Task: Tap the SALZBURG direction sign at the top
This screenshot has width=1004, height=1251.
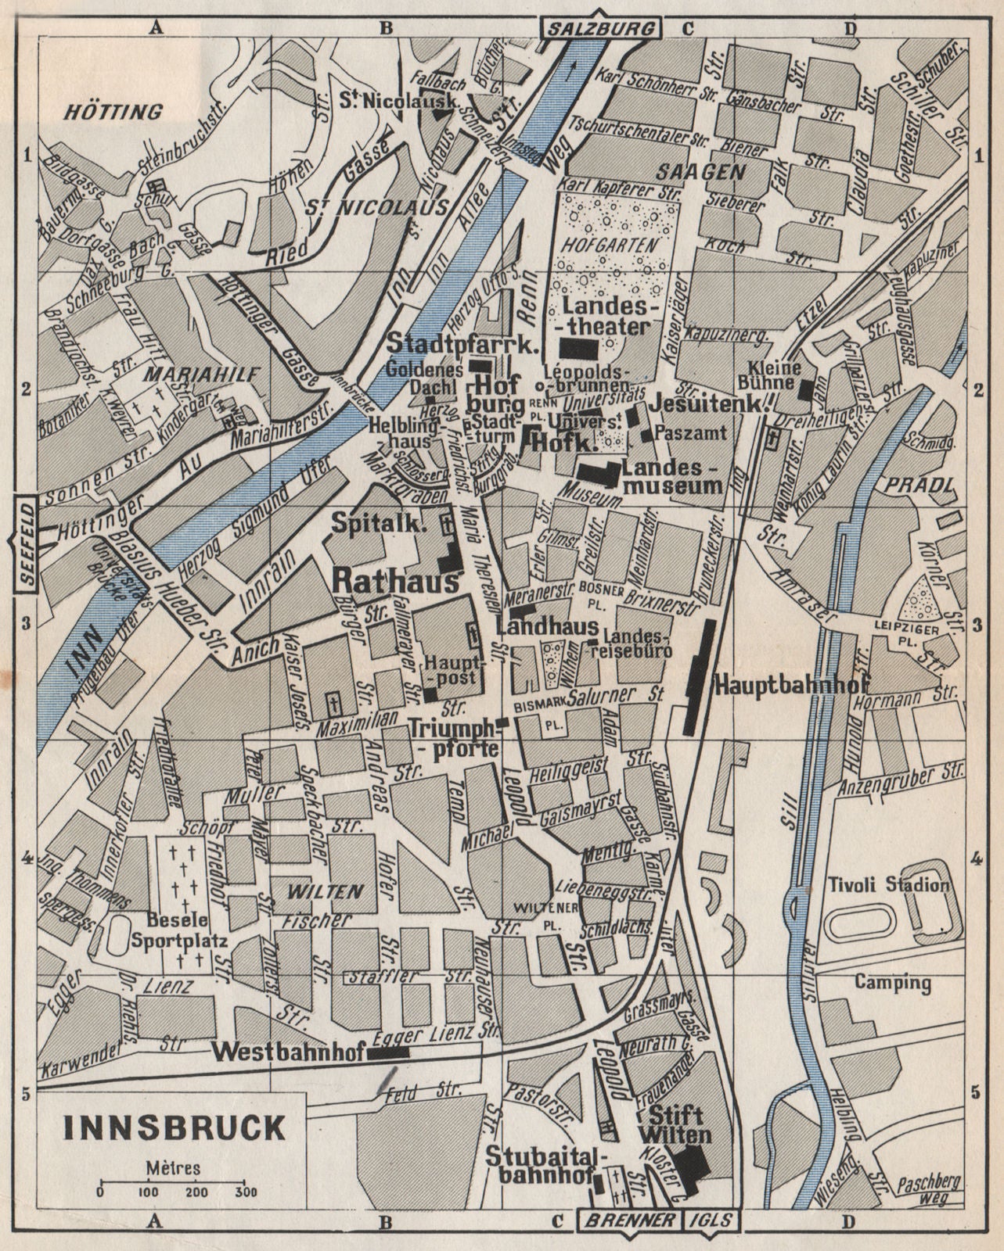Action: pos(600,29)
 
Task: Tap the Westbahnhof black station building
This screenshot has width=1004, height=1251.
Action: pos(388,1053)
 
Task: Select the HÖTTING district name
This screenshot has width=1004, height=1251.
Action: pos(112,112)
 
